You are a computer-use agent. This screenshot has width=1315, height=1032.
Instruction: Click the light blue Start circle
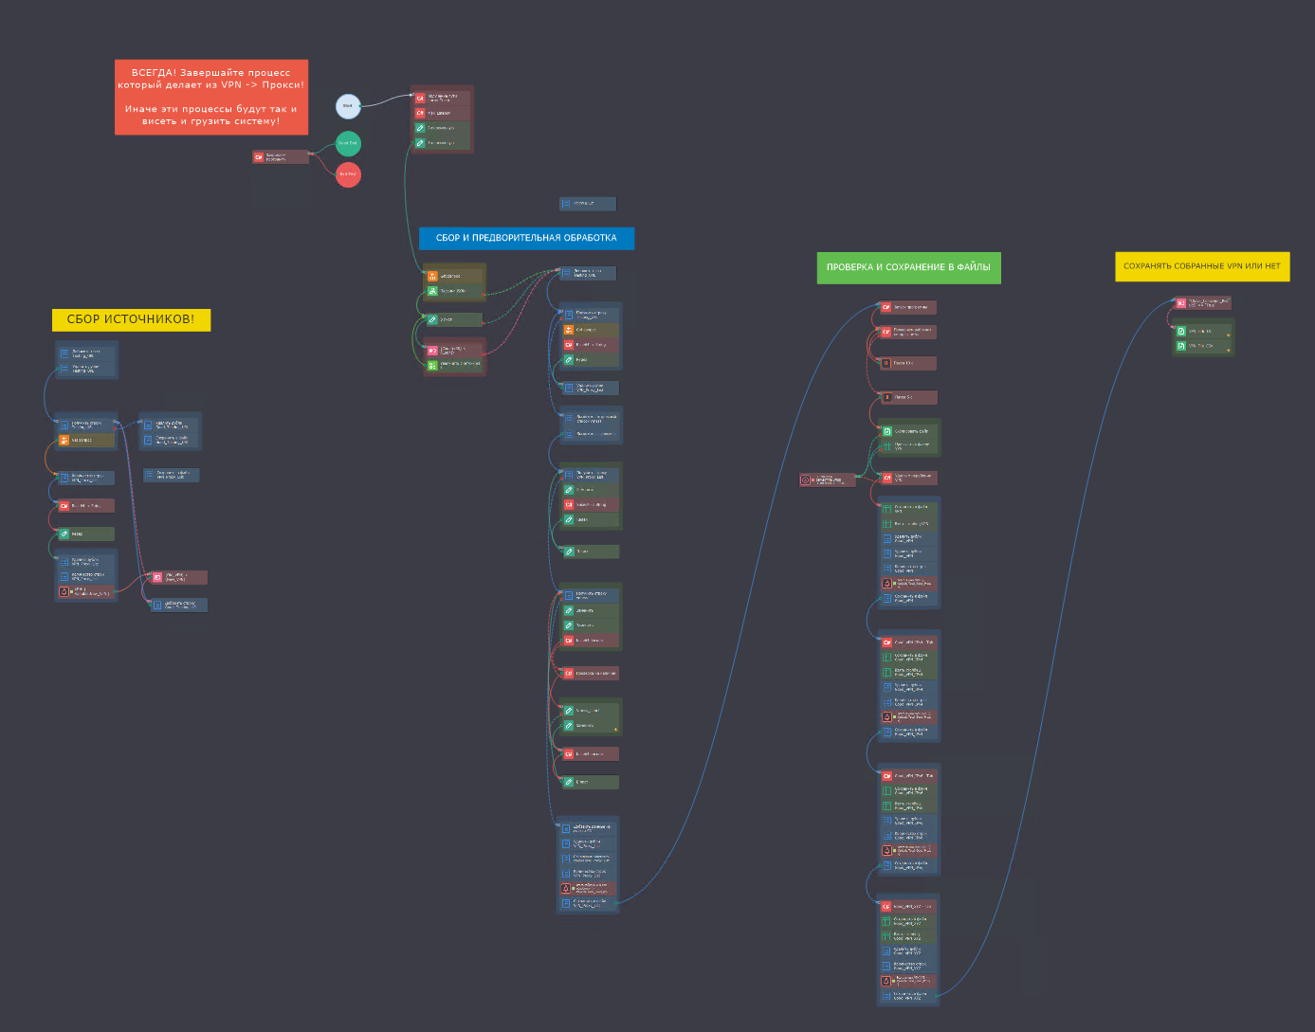(348, 105)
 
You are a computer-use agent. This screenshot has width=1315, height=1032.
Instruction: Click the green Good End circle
(348, 143)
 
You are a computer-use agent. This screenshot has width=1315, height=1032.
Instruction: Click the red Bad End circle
(348, 174)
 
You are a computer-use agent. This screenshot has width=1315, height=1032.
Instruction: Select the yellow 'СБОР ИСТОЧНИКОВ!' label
(131, 319)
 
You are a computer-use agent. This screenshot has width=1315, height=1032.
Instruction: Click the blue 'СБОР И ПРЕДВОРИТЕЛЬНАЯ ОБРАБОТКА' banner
(526, 238)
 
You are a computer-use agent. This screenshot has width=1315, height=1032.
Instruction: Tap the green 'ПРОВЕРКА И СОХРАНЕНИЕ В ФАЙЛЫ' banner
(908, 267)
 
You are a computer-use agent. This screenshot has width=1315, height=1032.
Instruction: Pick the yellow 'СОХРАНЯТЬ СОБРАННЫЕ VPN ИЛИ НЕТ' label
(1201, 266)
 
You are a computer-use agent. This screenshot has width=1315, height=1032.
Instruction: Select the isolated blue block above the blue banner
(588, 204)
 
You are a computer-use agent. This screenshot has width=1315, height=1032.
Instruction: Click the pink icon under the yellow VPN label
(1181, 303)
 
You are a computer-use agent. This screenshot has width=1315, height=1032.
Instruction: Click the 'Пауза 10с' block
(907, 363)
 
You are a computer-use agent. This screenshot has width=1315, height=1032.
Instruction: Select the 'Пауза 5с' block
(907, 397)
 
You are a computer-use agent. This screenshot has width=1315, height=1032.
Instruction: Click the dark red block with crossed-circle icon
(827, 480)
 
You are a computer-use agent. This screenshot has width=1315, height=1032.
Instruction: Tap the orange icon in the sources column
(64, 440)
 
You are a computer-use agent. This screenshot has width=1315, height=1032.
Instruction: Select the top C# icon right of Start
(420, 98)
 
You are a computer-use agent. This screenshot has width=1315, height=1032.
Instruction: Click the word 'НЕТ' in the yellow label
(1271, 266)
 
